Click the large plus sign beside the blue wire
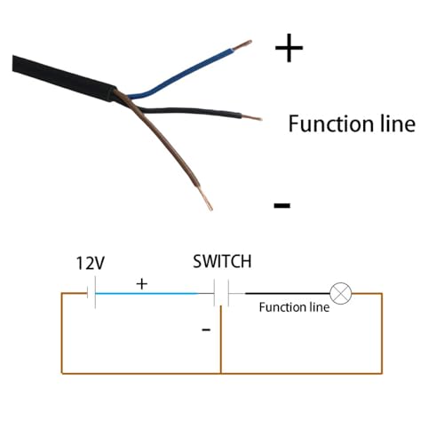pos(289,48)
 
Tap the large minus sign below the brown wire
pos(282,205)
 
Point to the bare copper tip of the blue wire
pos(242,45)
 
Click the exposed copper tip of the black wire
pos(251,117)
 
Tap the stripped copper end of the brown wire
pos(205,199)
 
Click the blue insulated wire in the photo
pos(184,73)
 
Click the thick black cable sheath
pos(64,77)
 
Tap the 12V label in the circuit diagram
pos(91,263)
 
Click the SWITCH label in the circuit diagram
pos(222,261)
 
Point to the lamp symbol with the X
pos(341,293)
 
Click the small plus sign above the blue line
pos(142,284)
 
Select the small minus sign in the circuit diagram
pos(206,329)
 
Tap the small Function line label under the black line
pos(294,307)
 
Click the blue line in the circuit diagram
pos(147,293)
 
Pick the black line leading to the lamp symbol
pos(288,293)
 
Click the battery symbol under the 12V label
pos(91,293)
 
